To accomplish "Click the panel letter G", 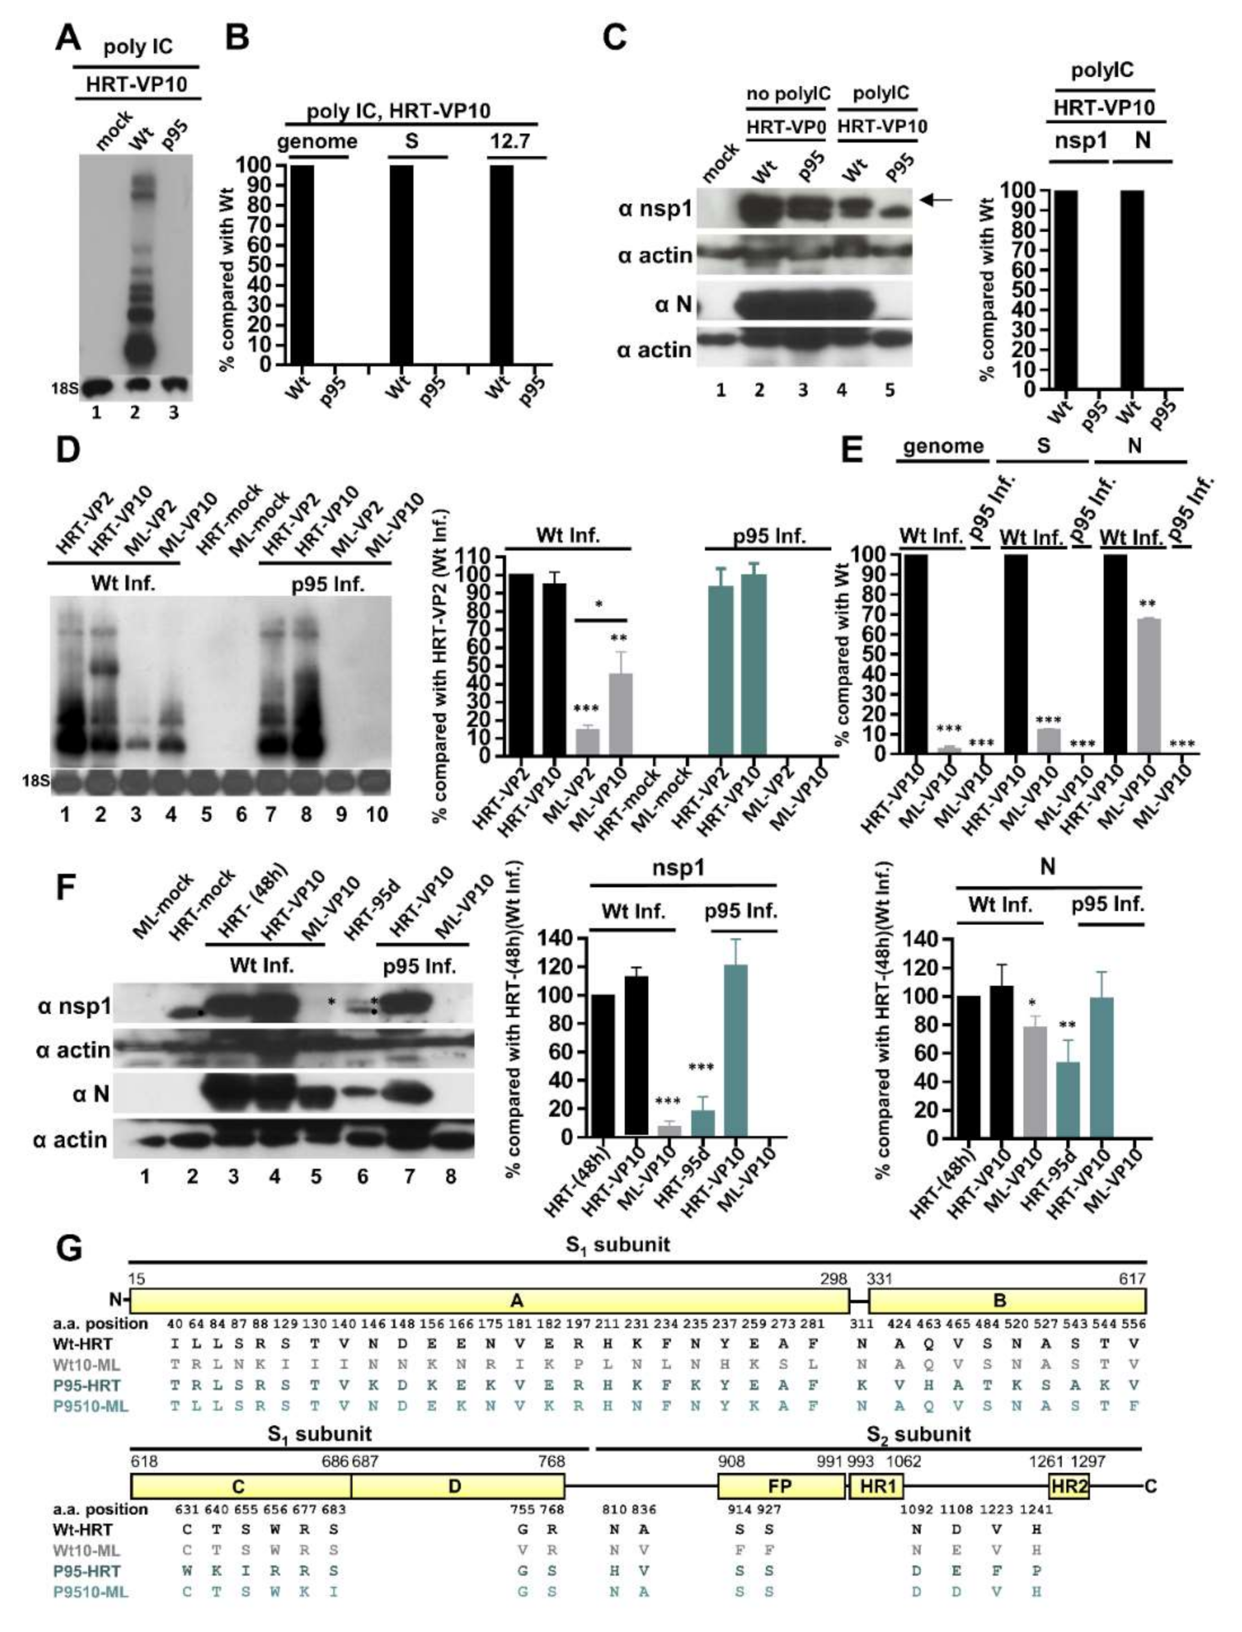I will pos(69,1250).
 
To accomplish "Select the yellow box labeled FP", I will pos(782,1486).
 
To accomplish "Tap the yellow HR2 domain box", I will pos(1068,1486).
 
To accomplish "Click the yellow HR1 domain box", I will pos(877,1486).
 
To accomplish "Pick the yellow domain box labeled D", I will pos(457,1486).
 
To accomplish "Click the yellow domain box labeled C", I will pos(240,1486).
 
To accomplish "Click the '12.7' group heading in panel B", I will pos(510,141).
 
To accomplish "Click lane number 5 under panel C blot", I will pos(889,390).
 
